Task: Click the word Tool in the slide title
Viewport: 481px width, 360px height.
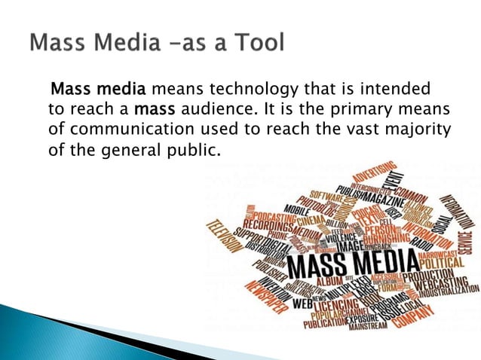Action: [x=254, y=42]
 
